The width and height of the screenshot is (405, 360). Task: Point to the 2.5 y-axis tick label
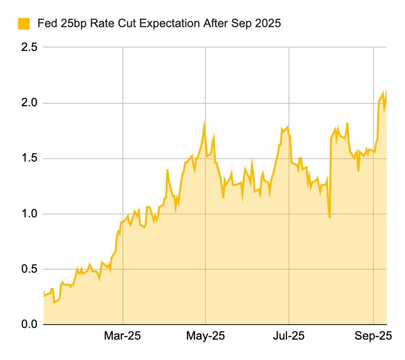28,48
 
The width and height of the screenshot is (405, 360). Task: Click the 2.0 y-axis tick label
28,103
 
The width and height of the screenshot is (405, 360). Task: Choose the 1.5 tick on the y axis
28,159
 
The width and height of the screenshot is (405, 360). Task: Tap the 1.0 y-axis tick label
28,214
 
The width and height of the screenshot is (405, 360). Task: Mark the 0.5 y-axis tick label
28,269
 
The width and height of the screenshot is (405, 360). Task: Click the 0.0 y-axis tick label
28,325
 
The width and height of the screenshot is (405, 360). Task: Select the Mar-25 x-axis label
123,336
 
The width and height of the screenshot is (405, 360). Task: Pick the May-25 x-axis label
206,336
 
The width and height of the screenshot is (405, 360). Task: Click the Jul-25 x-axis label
289,336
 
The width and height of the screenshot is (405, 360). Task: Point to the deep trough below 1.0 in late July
330,217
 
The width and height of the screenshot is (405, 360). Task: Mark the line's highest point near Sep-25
386,91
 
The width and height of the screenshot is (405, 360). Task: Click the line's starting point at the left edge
44,293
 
